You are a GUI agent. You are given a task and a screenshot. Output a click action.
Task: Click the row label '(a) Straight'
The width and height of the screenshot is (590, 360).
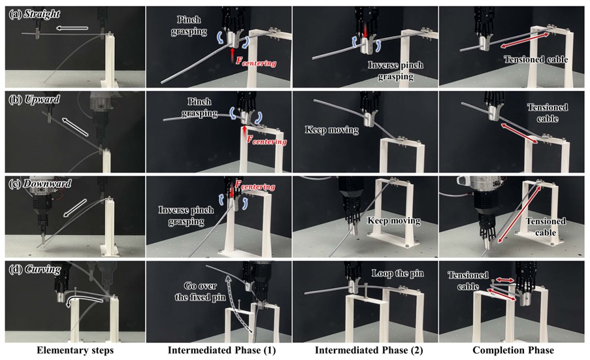click(34, 14)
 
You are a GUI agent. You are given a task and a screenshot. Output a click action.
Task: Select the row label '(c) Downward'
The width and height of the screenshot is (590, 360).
click(40, 184)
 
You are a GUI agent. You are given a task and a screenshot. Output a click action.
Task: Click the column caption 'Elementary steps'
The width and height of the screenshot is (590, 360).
click(75, 351)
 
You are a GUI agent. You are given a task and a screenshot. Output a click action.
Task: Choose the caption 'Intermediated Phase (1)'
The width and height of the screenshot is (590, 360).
click(221, 351)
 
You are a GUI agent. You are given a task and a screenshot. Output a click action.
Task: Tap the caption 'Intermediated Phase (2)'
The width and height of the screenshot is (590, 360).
click(369, 351)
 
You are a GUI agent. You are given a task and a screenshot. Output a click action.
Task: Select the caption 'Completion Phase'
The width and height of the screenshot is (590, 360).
click(514, 351)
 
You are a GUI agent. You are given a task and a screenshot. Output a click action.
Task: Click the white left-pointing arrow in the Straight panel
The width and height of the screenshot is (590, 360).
click(73, 28)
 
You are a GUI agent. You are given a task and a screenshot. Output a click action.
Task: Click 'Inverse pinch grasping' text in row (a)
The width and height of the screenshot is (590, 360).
click(395, 71)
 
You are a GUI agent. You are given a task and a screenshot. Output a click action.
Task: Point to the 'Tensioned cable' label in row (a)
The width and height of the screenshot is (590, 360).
click(535, 59)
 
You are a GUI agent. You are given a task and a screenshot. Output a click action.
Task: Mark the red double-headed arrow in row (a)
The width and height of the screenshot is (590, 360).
click(524, 41)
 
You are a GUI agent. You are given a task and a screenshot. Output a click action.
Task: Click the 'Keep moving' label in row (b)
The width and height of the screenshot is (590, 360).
click(331, 130)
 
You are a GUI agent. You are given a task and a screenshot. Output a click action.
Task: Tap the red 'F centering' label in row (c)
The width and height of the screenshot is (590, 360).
click(255, 186)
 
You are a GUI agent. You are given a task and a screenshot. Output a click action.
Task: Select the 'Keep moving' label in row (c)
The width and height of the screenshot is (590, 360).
click(393, 220)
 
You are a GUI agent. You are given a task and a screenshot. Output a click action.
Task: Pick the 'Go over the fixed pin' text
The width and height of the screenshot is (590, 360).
click(200, 291)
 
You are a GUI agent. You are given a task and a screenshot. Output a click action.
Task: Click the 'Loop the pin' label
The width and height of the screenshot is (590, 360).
click(397, 274)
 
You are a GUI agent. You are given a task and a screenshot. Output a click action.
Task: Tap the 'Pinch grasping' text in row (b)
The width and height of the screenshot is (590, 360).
click(199, 107)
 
